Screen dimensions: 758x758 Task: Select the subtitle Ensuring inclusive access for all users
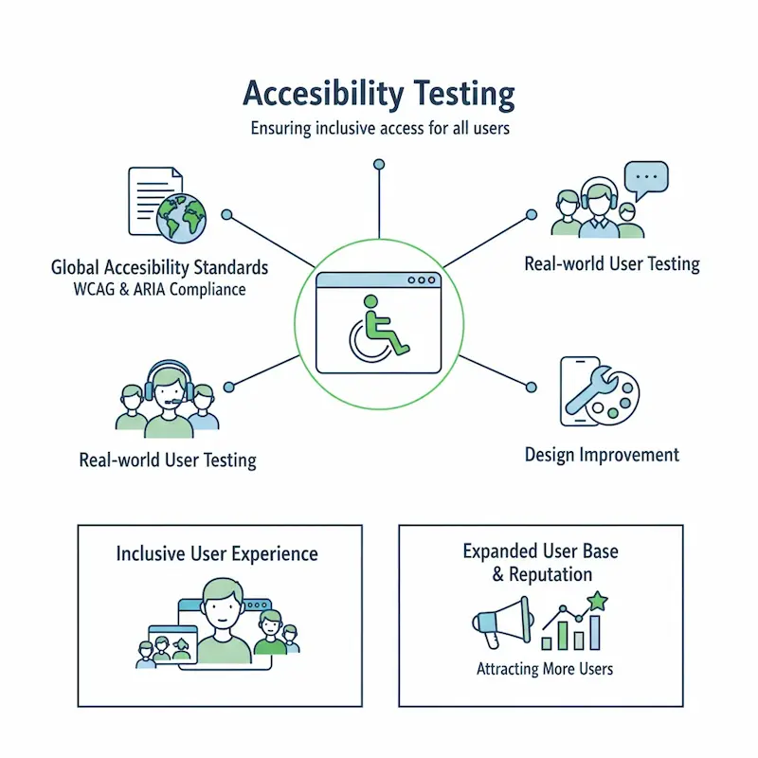point(379,128)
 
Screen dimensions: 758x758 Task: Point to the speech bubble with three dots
point(646,178)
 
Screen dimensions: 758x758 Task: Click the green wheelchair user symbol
point(378,328)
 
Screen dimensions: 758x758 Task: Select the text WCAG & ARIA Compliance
point(158,289)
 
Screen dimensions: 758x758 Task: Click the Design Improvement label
point(602,455)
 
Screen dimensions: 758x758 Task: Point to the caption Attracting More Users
point(544,669)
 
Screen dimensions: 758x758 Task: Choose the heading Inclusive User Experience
point(217,553)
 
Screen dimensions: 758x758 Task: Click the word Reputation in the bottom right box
point(550,575)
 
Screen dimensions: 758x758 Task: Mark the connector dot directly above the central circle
point(379,165)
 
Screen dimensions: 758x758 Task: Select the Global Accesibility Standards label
point(159,267)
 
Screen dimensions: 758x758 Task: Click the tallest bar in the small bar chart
point(595,632)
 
